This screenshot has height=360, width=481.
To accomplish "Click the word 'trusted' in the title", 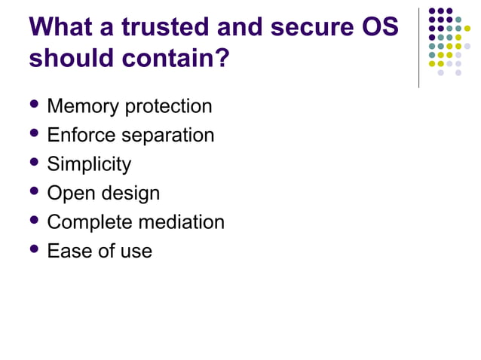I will click(x=163, y=28).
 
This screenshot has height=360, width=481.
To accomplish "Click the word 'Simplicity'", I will click(x=89, y=164).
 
